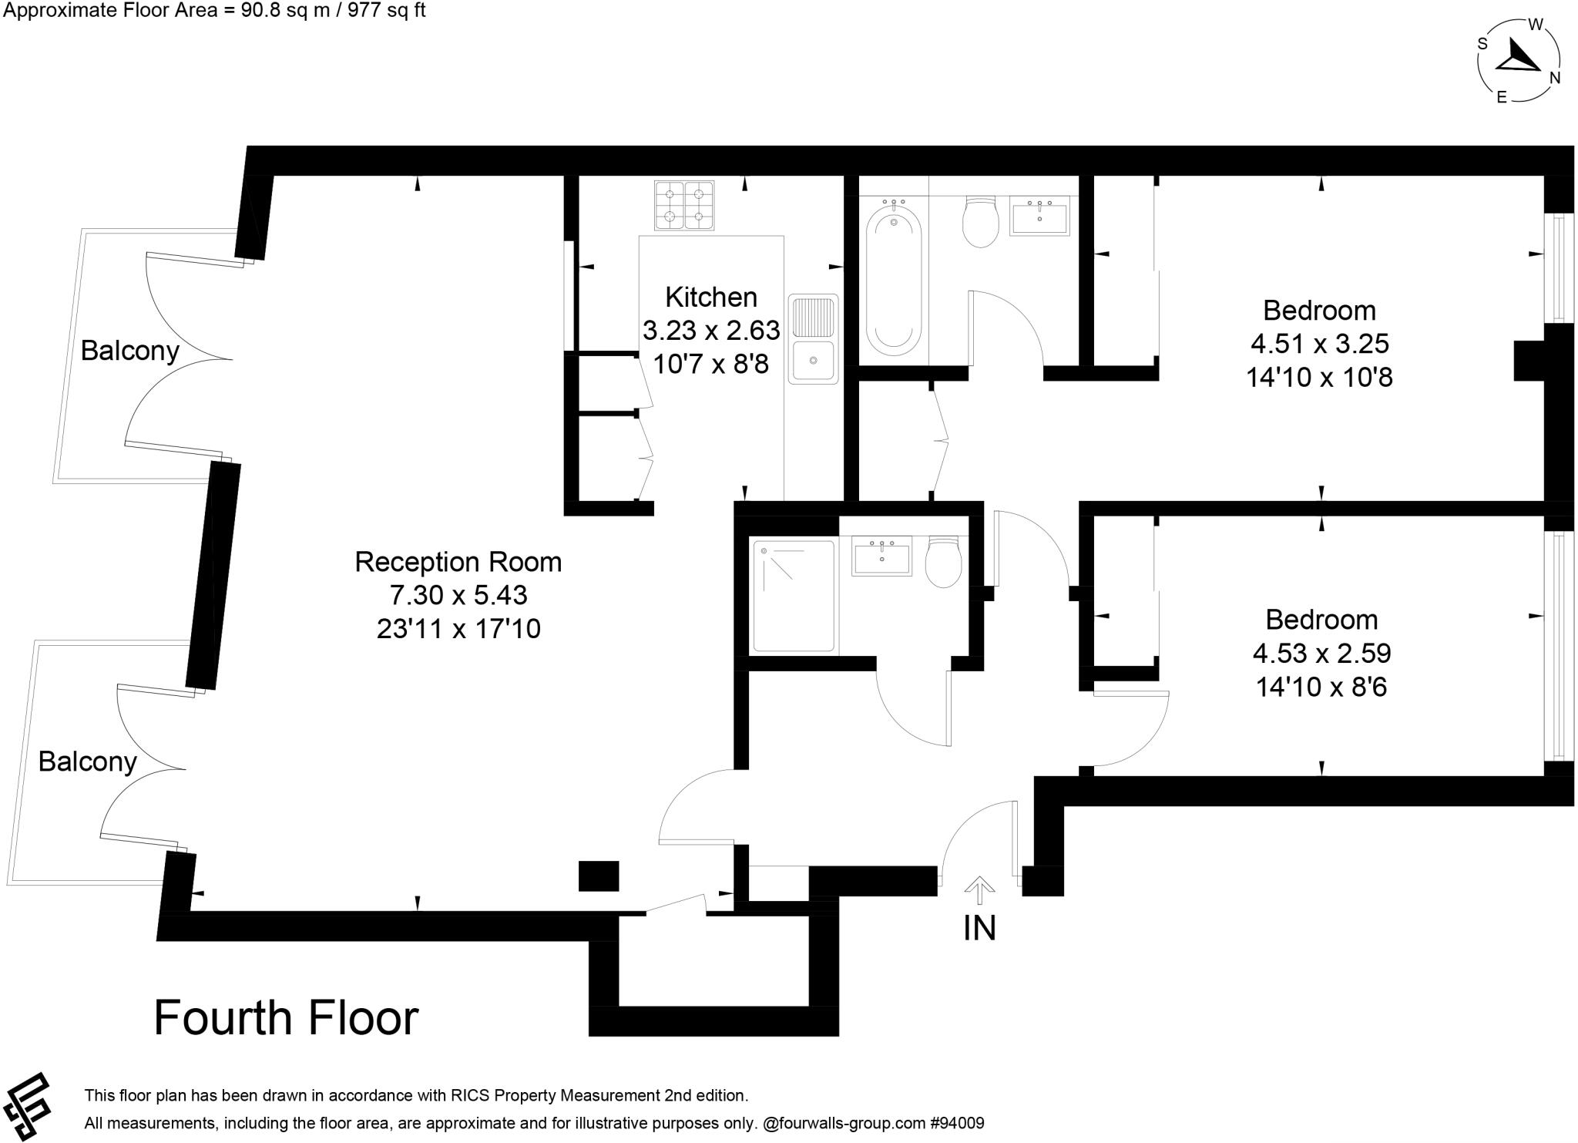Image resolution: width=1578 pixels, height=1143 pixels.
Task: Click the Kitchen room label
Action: [710, 297]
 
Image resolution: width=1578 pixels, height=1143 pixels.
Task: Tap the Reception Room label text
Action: [458, 562]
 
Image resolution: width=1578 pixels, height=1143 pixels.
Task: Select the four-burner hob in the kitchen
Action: [684, 205]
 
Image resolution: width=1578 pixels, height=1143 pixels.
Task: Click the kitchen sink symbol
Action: [814, 339]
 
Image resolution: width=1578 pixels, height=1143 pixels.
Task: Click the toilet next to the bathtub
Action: [980, 220]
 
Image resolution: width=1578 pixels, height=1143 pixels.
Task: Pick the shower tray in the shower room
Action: [794, 596]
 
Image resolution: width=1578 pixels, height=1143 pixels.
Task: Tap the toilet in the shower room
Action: [943, 561]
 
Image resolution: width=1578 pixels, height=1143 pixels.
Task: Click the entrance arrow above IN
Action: [979, 889]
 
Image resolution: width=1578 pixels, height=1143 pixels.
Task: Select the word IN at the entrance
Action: [979, 928]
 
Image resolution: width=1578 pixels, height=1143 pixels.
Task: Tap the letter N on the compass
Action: [1555, 78]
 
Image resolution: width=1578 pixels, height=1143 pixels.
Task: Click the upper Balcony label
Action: [129, 351]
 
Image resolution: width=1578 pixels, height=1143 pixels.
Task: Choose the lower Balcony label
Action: [87, 761]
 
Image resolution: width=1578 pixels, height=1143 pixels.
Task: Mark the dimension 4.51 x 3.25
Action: [1319, 344]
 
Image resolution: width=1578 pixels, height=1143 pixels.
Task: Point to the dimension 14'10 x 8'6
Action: [1321, 686]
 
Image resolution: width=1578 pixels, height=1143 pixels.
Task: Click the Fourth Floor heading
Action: [286, 1017]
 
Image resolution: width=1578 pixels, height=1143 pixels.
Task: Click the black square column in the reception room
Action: [599, 876]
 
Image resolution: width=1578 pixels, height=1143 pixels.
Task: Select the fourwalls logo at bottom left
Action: [27, 1105]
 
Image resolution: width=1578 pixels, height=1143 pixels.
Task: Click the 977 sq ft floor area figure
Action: [387, 10]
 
